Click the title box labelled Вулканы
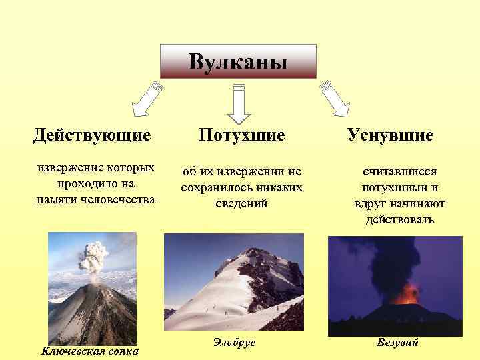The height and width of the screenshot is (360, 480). [238, 62]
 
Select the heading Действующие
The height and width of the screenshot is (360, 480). [93, 135]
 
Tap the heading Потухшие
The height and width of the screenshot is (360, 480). [242, 135]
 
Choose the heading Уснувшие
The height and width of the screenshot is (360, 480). [390, 135]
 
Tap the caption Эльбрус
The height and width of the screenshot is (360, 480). [234, 343]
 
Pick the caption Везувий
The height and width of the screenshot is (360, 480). [397, 343]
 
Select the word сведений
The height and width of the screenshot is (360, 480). [242, 203]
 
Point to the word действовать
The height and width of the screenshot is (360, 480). [400, 219]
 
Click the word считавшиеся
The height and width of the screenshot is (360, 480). [400, 171]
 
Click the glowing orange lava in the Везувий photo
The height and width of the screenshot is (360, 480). [408, 293]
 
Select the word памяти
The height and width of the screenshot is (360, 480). [55, 199]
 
